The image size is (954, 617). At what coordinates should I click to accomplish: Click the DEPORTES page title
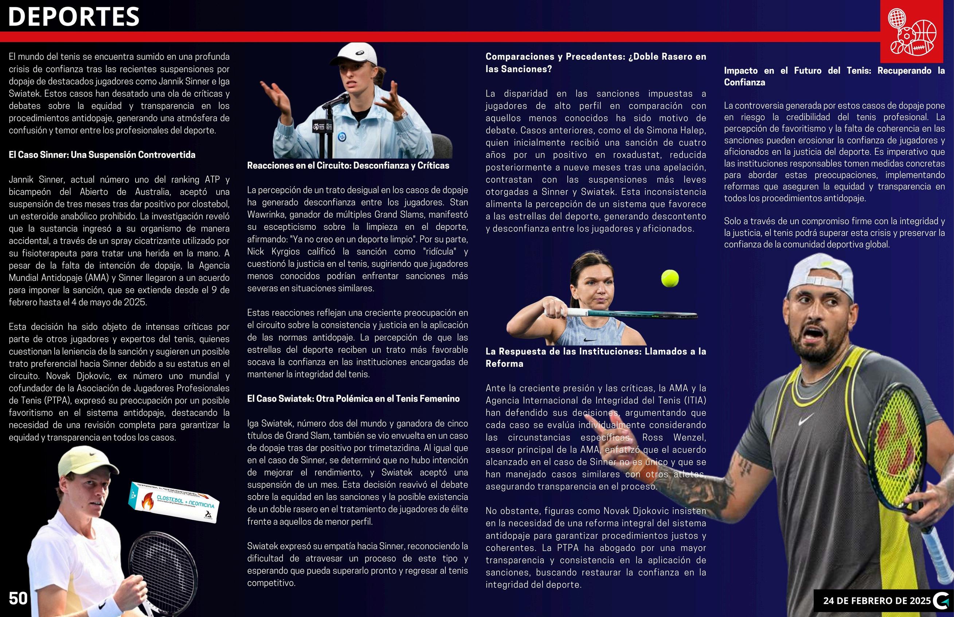(74, 17)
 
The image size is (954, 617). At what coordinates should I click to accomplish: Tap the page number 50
(18, 598)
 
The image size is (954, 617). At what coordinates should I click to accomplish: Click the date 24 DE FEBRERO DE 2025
(877, 601)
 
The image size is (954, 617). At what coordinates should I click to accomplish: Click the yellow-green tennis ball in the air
(670, 278)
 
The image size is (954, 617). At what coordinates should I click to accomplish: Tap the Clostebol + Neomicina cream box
(174, 503)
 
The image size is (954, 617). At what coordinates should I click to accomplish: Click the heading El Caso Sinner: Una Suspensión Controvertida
(102, 155)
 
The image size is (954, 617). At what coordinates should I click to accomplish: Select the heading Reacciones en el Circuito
(348, 165)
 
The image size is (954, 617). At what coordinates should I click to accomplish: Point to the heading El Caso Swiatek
(353, 399)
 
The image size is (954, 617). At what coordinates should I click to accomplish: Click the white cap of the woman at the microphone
(359, 53)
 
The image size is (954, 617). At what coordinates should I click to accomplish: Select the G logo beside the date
(941, 601)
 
